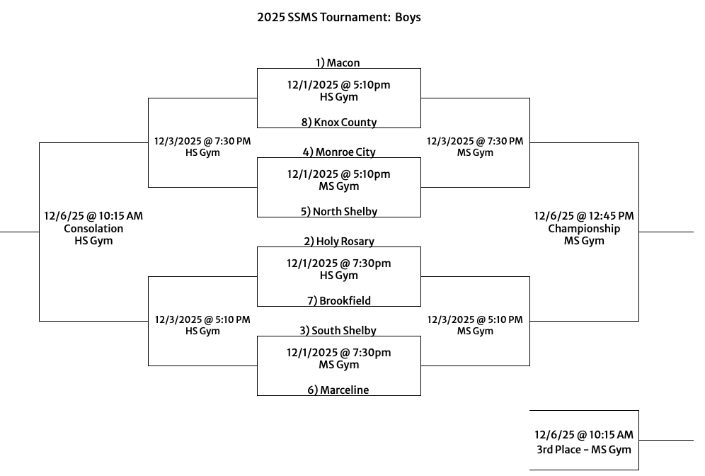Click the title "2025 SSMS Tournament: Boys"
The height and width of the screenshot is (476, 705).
[338, 17]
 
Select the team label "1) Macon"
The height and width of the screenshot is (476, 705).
[338, 63]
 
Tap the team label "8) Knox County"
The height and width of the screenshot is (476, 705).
[338, 123]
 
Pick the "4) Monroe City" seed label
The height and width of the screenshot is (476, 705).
[338, 152]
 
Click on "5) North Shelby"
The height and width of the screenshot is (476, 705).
[338, 212]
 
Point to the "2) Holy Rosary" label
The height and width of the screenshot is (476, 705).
[338, 242]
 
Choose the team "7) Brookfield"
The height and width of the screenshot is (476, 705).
[338, 301]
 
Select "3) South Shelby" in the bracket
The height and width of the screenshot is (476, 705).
[338, 331]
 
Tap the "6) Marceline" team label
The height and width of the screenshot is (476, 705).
[338, 390]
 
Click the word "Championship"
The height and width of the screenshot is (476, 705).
[584, 229]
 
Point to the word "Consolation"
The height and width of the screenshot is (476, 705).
[93, 229]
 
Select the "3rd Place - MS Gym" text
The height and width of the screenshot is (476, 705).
[584, 449]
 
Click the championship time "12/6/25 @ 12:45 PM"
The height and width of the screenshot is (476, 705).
[584, 216]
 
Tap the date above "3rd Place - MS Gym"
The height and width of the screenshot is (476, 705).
[584, 436]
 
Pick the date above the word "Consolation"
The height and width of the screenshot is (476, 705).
[93, 216]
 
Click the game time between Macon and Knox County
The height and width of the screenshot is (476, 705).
[338, 85]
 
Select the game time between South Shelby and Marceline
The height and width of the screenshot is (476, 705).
[338, 353]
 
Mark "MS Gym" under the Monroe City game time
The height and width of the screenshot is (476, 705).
[338, 187]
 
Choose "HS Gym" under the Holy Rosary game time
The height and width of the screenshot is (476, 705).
[338, 276]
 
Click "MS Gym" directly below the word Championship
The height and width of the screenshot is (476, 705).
[584, 242]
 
